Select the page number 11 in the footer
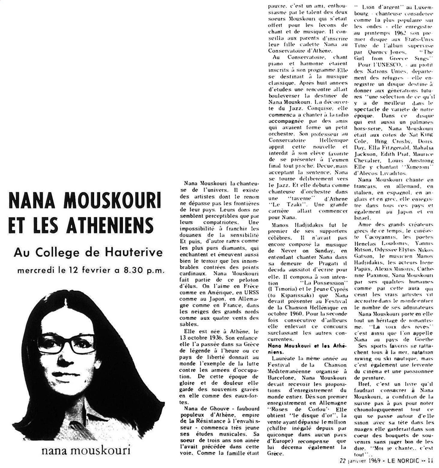click(x=431, y=461)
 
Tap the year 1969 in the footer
click(x=372, y=461)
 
